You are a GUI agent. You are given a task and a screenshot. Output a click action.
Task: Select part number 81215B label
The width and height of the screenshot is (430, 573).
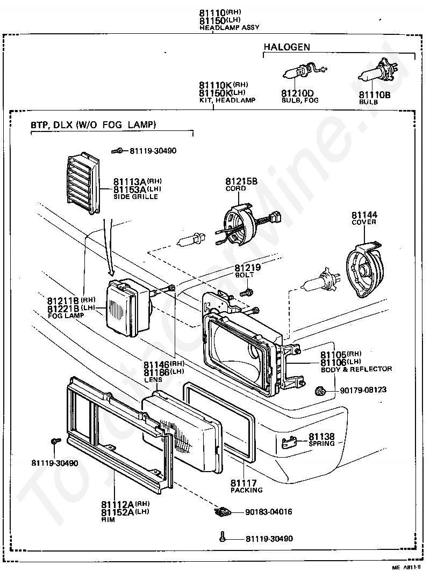(241, 181)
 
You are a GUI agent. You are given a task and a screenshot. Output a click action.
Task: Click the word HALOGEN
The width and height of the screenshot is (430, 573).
(286, 47)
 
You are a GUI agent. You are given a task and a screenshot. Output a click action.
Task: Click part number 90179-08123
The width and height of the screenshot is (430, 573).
(363, 390)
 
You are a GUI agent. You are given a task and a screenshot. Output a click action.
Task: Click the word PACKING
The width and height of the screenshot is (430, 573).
(246, 490)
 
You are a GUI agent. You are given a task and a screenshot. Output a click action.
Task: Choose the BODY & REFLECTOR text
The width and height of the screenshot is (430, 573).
(356, 369)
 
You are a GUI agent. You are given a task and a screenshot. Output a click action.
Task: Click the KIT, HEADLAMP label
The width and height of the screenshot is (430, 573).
(227, 100)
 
